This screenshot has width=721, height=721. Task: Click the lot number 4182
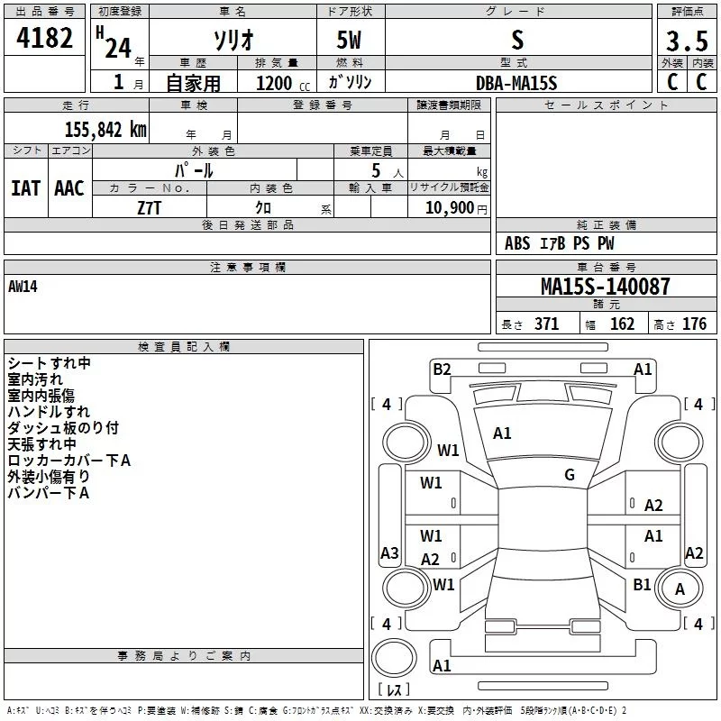pyautogui.click(x=44, y=38)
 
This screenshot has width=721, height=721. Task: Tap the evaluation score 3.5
pyautogui.click(x=687, y=41)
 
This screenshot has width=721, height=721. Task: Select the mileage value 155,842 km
pyautogui.click(x=105, y=129)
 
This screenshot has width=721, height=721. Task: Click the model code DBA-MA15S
pyautogui.click(x=516, y=83)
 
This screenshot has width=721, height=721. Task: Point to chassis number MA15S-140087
pyautogui.click(x=605, y=286)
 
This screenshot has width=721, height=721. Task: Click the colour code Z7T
pyautogui.click(x=149, y=208)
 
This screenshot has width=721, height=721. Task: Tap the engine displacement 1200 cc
pyautogui.click(x=283, y=83)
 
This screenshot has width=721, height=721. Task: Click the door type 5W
pyautogui.click(x=349, y=40)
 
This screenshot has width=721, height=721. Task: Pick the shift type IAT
pyautogui.click(x=25, y=188)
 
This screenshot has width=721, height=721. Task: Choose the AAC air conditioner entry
pyautogui.click(x=69, y=188)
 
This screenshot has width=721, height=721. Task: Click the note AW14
pyautogui.click(x=23, y=287)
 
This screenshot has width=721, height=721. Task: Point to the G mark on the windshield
pyautogui.click(x=570, y=475)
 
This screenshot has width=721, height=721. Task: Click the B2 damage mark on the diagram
pyautogui.click(x=442, y=370)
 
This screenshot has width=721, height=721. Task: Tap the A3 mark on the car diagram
pyautogui.click(x=389, y=552)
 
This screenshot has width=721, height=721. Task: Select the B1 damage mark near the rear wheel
pyautogui.click(x=642, y=584)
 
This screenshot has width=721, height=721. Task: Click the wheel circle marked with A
pyautogui.click(x=680, y=589)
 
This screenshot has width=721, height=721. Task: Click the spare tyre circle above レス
pyautogui.click(x=394, y=658)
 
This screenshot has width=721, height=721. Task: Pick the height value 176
pyautogui.click(x=694, y=324)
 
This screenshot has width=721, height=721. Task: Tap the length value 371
pyautogui.click(x=547, y=324)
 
